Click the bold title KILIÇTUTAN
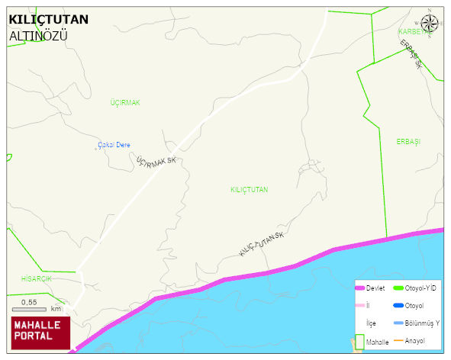(48, 19)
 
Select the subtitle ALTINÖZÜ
(40, 35)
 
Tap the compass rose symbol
(430, 24)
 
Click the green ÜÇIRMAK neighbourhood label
(125, 102)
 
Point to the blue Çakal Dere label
(114, 145)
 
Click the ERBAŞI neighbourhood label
(408, 142)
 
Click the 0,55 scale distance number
(29, 302)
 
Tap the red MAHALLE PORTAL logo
(40, 331)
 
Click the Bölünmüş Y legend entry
(422, 323)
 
